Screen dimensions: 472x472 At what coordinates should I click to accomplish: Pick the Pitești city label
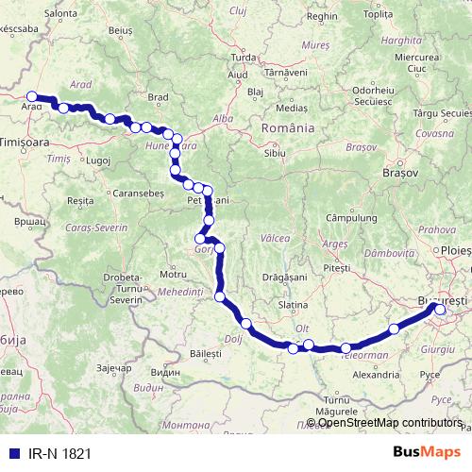point(336,268)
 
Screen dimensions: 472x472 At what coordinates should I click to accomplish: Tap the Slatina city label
point(294,305)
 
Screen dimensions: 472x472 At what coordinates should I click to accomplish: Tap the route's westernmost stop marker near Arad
point(32,96)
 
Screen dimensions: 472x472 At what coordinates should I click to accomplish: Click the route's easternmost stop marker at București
point(440,308)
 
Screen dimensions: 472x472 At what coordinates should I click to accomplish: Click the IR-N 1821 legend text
point(59,453)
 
